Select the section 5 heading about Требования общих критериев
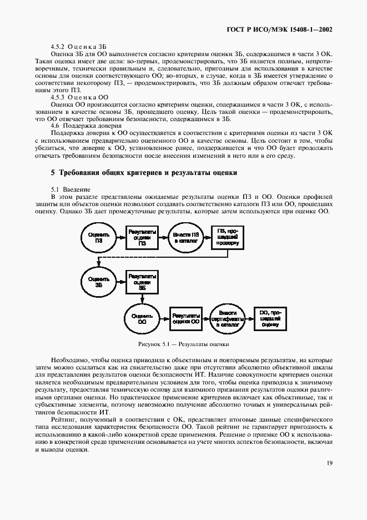click(x=144, y=173)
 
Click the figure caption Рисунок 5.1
click(x=183, y=344)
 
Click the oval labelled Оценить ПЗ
click(x=99, y=238)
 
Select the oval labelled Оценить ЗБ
click(x=99, y=281)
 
